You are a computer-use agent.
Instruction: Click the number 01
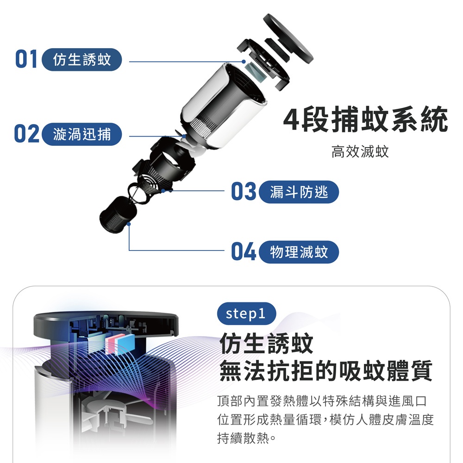coord(26,59)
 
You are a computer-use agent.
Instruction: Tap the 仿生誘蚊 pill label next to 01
coord(82,60)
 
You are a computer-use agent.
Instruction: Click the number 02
coord(26,134)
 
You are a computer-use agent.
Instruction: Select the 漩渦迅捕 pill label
coord(82,134)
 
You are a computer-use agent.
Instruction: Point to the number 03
coord(244,191)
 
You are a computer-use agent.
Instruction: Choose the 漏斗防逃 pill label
coord(299,192)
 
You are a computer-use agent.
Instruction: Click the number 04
coord(244,251)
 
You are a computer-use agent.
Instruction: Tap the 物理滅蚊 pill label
coord(299,252)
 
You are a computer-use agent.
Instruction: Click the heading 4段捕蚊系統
coord(366,119)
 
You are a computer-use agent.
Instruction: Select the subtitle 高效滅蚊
coord(360,151)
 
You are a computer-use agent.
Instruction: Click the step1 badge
coord(247,313)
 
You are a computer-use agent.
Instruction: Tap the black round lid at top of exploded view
coord(288,38)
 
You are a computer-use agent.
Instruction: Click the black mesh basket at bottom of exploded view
coord(118,215)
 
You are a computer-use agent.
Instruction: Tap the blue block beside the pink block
coord(126,344)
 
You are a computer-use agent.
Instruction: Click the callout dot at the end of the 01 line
coord(244,62)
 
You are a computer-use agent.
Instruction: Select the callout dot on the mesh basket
coord(129,224)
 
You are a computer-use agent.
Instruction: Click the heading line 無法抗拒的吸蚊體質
coord(325,371)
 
